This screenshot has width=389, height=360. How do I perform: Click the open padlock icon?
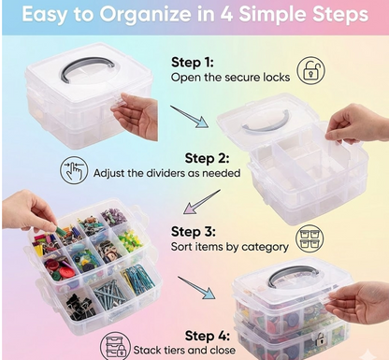tap(311, 71)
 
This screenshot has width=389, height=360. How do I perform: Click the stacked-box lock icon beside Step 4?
tap(114, 347)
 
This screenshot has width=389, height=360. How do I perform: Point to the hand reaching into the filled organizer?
tap(27, 210)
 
